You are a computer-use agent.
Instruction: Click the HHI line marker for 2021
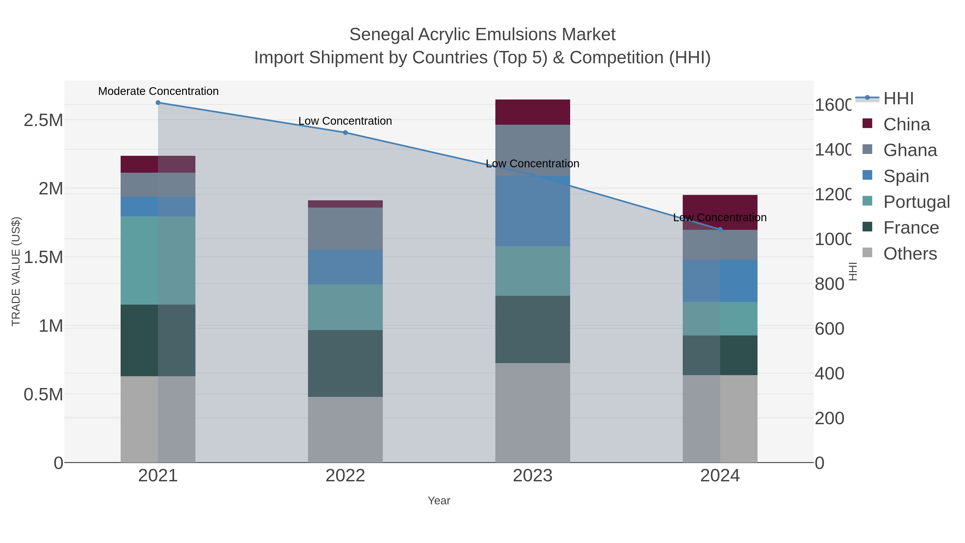coord(158,103)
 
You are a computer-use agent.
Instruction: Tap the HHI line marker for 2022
coord(345,133)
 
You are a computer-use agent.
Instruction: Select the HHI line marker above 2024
coord(720,229)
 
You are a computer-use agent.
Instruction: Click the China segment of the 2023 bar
coord(532,112)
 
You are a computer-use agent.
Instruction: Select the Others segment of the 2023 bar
coord(532,412)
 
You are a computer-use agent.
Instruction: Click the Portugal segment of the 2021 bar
coord(158,260)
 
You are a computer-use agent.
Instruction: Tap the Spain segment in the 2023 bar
coord(532,211)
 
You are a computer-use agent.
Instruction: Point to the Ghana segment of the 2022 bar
coord(345,228)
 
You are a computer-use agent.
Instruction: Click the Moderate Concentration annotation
coord(158,91)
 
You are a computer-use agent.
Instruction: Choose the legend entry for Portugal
coord(916,202)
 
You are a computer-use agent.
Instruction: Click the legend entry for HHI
coord(898,99)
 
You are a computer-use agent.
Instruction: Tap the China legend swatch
coord(867,124)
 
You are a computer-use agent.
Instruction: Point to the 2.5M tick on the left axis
coord(43,120)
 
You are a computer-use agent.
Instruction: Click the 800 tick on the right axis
coord(829,284)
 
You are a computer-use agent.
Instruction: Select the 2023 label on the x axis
coord(532,475)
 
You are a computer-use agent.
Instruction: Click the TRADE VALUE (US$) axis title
coord(16,271)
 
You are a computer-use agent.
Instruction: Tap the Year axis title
coord(439,501)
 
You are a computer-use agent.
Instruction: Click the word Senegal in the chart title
coord(381,35)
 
